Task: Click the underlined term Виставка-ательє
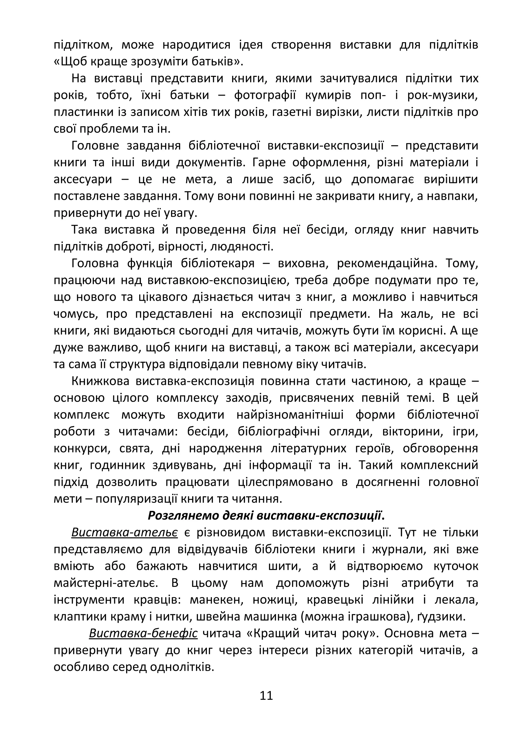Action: pos(124,532)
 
